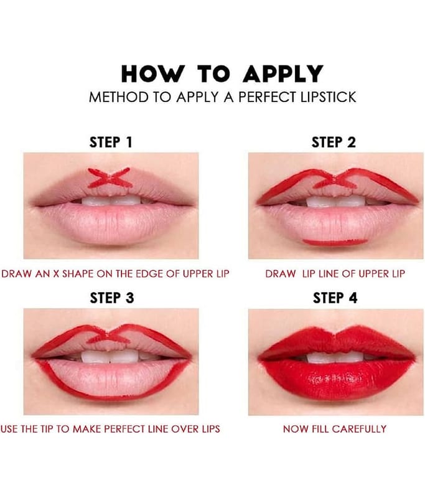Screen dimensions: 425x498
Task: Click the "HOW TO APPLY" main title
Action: (222, 74)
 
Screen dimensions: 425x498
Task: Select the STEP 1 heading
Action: (111, 143)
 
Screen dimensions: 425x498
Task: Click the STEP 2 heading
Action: (334, 143)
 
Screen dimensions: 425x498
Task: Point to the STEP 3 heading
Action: (112, 298)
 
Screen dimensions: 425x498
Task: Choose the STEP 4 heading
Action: (335, 298)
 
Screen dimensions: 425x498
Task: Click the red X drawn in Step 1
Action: (110, 177)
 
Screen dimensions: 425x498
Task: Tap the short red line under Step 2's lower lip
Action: (335, 242)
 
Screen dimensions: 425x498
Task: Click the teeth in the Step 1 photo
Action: (111, 200)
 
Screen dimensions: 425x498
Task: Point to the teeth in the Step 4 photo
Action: (335, 357)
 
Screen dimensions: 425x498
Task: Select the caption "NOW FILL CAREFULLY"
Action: (335, 429)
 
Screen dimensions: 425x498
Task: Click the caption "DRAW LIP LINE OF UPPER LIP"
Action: (335, 274)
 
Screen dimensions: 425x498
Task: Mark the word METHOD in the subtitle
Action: (119, 97)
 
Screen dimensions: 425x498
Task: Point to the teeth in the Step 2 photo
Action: (336, 201)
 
